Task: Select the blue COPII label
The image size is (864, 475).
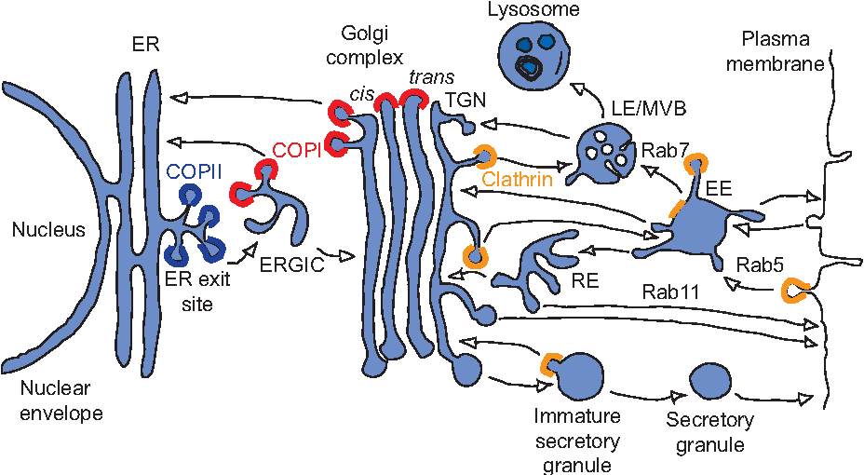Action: click(192, 171)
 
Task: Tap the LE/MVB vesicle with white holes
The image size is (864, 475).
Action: click(602, 154)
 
